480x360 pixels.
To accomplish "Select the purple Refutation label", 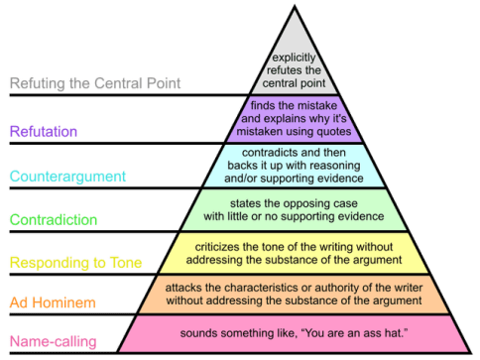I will (45, 130).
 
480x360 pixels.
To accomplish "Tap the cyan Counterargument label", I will (67, 177).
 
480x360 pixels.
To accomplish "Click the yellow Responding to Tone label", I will (75, 263).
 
